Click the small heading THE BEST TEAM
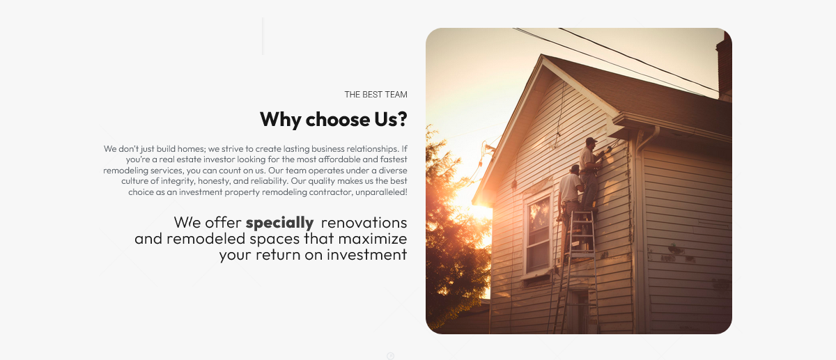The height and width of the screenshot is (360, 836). click(x=376, y=95)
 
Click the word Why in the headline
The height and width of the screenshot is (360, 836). click(x=281, y=120)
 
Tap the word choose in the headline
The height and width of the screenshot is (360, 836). click(x=337, y=119)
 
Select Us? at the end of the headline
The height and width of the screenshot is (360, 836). click(x=390, y=119)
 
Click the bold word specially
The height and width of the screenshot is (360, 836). click(x=279, y=223)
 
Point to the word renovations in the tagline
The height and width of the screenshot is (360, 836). click(x=364, y=223)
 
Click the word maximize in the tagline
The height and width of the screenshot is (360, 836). click(x=373, y=239)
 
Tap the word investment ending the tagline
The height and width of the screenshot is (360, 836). click(x=367, y=255)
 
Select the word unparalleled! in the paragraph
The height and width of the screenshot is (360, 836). click(x=381, y=192)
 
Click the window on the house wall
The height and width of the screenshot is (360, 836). click(x=538, y=235)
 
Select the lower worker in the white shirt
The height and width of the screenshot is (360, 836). click(x=570, y=201)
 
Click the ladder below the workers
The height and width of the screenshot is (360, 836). click(x=577, y=272)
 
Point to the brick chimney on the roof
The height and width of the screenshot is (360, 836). click(x=724, y=65)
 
